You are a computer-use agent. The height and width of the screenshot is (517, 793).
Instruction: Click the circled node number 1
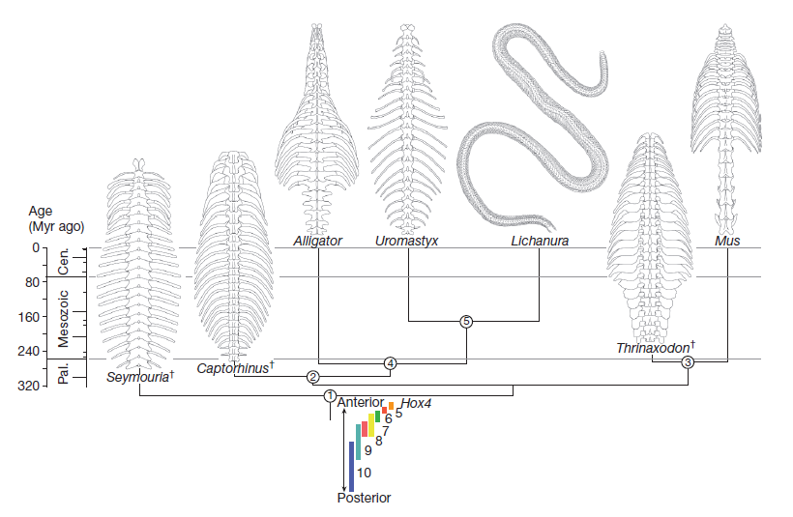pyautogui.click(x=329, y=396)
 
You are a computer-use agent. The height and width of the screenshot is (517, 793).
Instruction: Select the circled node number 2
pyautogui.click(x=313, y=376)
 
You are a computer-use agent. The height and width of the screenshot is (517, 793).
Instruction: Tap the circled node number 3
pyautogui.click(x=688, y=362)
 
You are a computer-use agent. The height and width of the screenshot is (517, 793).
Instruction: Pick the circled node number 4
pyautogui.click(x=391, y=363)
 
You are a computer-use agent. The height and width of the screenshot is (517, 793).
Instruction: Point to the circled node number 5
pyautogui.click(x=465, y=321)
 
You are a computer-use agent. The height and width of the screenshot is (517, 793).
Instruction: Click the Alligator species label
pyautogui.click(x=317, y=241)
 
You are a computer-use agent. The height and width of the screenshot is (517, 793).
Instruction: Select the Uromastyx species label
pyautogui.click(x=407, y=241)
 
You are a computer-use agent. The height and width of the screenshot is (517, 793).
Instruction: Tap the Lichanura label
pyautogui.click(x=539, y=241)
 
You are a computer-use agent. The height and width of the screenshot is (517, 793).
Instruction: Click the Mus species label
pyautogui.click(x=727, y=241)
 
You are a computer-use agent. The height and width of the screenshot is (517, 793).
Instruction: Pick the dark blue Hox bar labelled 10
pyautogui.click(x=352, y=466)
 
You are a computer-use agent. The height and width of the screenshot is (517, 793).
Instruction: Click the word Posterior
pyautogui.click(x=364, y=499)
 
